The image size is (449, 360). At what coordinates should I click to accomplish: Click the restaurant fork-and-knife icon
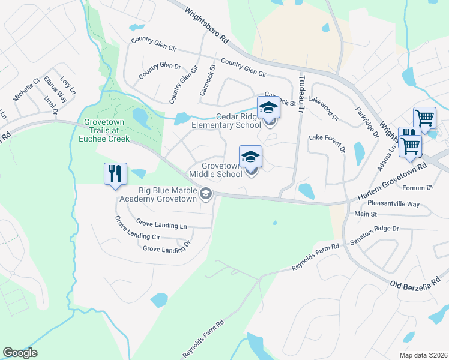[x=115, y=173]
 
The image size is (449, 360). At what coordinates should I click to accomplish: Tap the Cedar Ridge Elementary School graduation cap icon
[x=268, y=108]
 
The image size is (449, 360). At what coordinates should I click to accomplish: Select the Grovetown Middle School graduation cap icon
[x=250, y=157]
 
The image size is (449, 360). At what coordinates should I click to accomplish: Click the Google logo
[x=20, y=353]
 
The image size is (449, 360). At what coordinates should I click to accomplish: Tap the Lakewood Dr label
[x=324, y=106]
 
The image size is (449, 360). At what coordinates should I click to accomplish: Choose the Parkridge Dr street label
[x=367, y=122]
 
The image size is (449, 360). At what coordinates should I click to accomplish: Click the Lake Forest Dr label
[x=327, y=143]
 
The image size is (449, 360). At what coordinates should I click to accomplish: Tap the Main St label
[x=366, y=214]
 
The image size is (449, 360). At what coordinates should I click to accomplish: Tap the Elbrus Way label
[x=55, y=90]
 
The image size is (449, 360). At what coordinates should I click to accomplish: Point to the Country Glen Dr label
[x=159, y=71]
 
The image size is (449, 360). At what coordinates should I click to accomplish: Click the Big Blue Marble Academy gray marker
[x=206, y=193]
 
